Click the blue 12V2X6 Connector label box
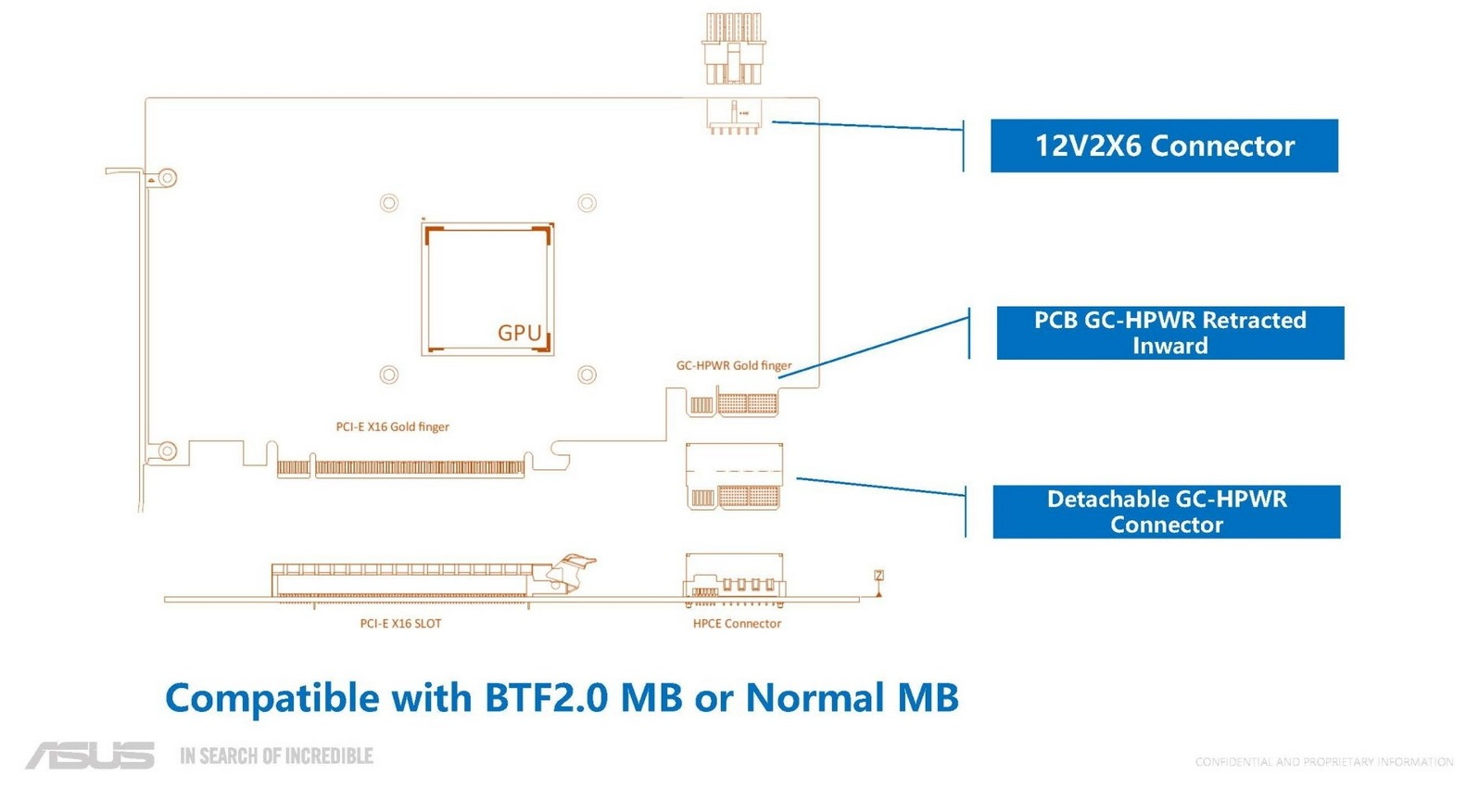(1164, 146)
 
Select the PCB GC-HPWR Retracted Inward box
(1170, 333)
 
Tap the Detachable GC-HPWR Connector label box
(1167, 512)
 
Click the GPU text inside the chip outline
(520, 333)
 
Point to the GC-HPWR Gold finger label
(734, 365)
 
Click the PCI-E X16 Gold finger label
(392, 426)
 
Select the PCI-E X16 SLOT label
(400, 623)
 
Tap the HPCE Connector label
(737, 623)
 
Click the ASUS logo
(91, 755)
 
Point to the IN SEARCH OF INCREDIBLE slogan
(277, 756)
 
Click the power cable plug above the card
(733, 48)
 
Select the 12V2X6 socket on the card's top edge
(734, 116)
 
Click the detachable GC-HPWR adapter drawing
(734, 476)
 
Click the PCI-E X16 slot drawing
(410, 581)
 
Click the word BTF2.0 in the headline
(546, 698)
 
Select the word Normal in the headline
(816, 698)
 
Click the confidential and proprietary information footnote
(1324, 762)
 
